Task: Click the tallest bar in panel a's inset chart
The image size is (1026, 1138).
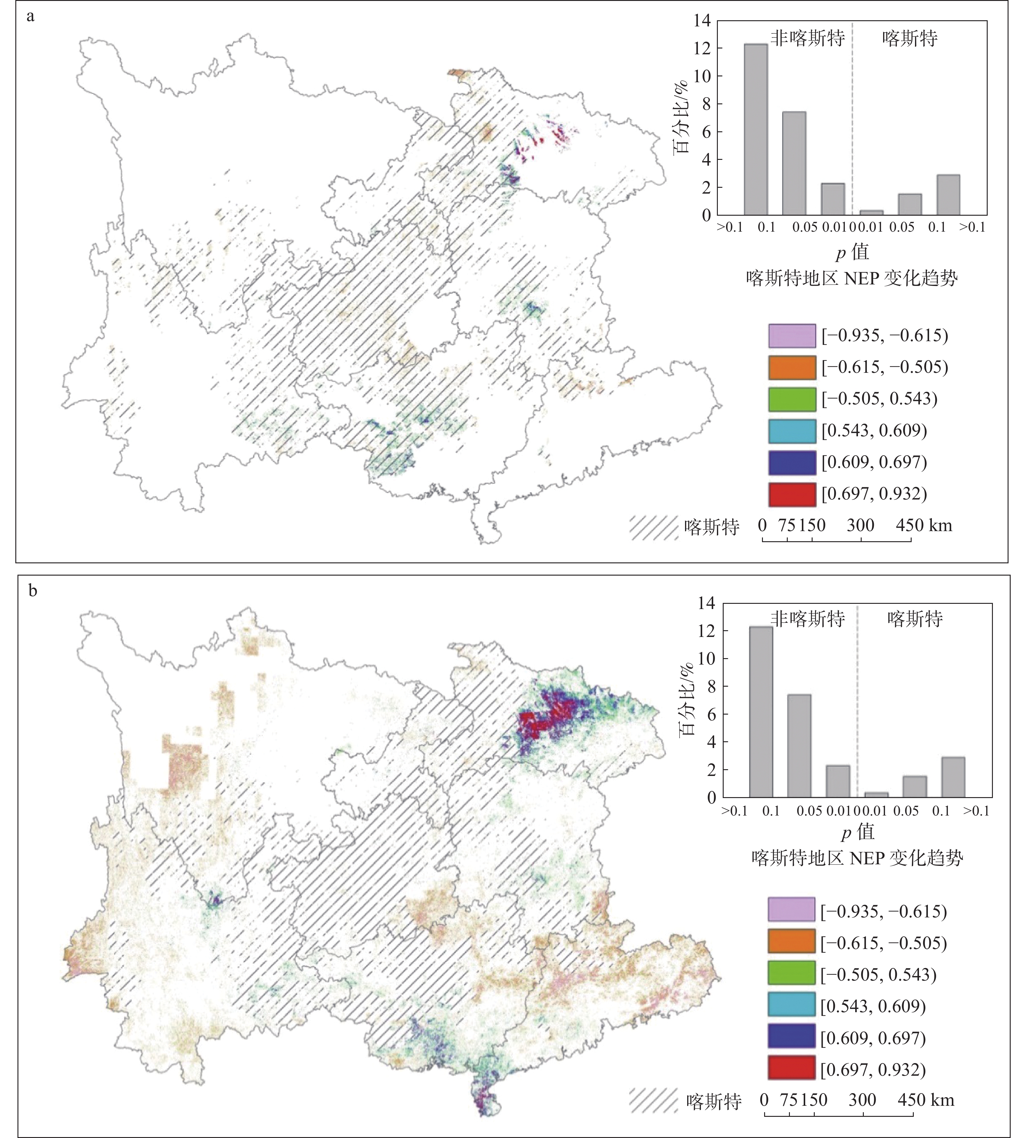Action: tap(756, 130)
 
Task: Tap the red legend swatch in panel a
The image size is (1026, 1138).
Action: tap(791, 494)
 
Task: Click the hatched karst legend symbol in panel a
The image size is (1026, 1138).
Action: tap(654, 527)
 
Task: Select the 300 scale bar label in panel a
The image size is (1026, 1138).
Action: tap(860, 526)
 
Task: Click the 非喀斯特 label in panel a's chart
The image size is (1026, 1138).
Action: tap(807, 38)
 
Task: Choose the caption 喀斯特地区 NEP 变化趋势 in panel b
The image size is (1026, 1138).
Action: tap(857, 858)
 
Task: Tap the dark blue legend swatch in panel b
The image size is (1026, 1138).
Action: tap(791, 1038)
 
